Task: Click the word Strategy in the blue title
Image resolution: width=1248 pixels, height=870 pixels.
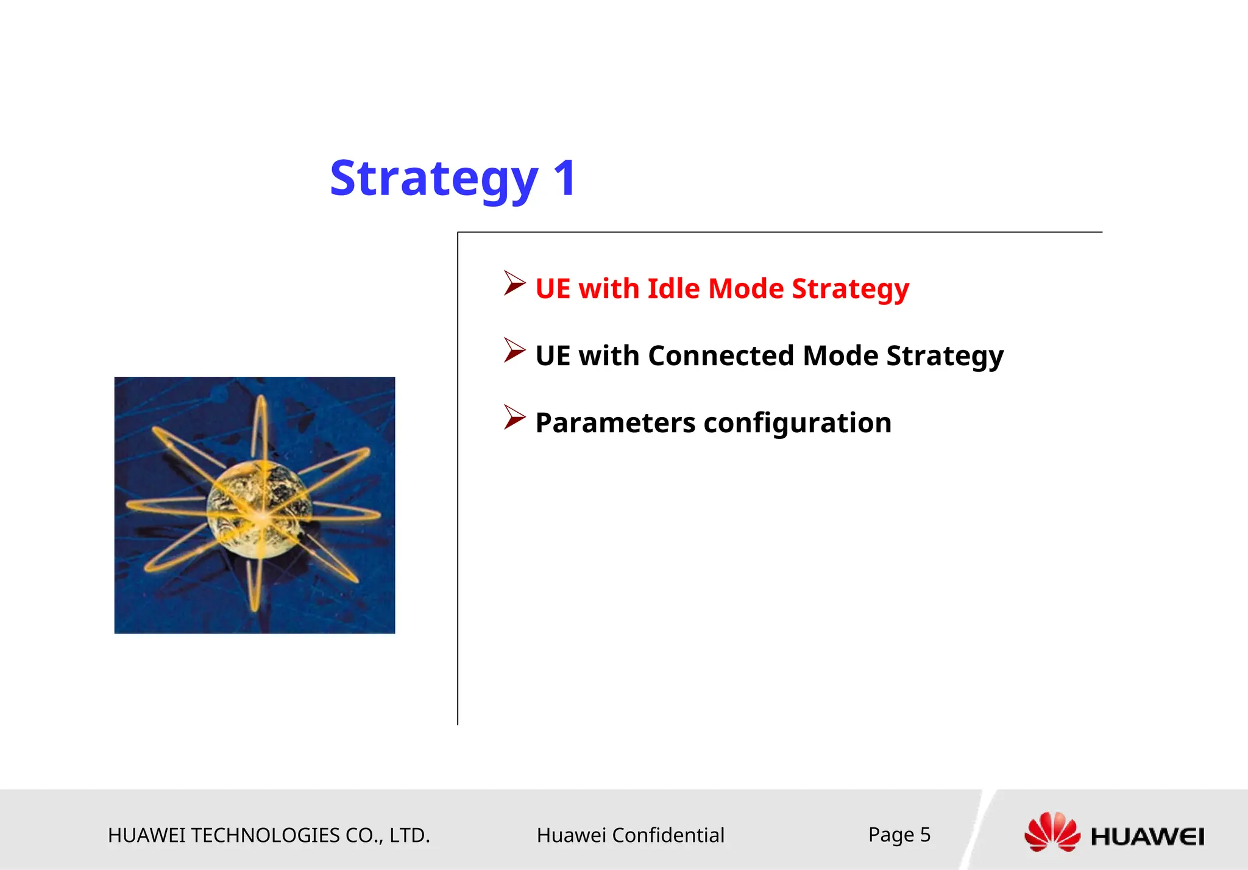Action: tap(434, 179)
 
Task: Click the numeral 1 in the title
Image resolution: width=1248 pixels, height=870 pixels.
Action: tap(565, 178)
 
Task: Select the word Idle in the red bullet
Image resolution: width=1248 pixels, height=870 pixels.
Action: tap(673, 288)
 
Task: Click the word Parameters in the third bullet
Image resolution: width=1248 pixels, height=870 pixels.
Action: tap(615, 423)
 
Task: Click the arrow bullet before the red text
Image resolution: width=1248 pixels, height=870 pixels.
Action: tap(514, 283)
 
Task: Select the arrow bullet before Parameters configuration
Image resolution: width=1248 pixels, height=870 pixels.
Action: tap(514, 418)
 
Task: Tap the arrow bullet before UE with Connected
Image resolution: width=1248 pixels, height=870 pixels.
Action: tap(514, 351)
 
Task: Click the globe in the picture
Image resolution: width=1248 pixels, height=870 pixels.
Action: tap(259, 509)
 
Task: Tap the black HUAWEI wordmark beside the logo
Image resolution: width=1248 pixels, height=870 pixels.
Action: tap(1147, 836)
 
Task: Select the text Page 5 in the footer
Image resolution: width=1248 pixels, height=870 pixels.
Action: tap(899, 834)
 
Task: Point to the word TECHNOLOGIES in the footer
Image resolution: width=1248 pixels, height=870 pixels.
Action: tap(266, 835)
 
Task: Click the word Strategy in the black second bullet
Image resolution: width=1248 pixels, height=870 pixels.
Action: tap(945, 357)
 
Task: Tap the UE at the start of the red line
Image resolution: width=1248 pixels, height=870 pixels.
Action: tap(553, 288)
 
